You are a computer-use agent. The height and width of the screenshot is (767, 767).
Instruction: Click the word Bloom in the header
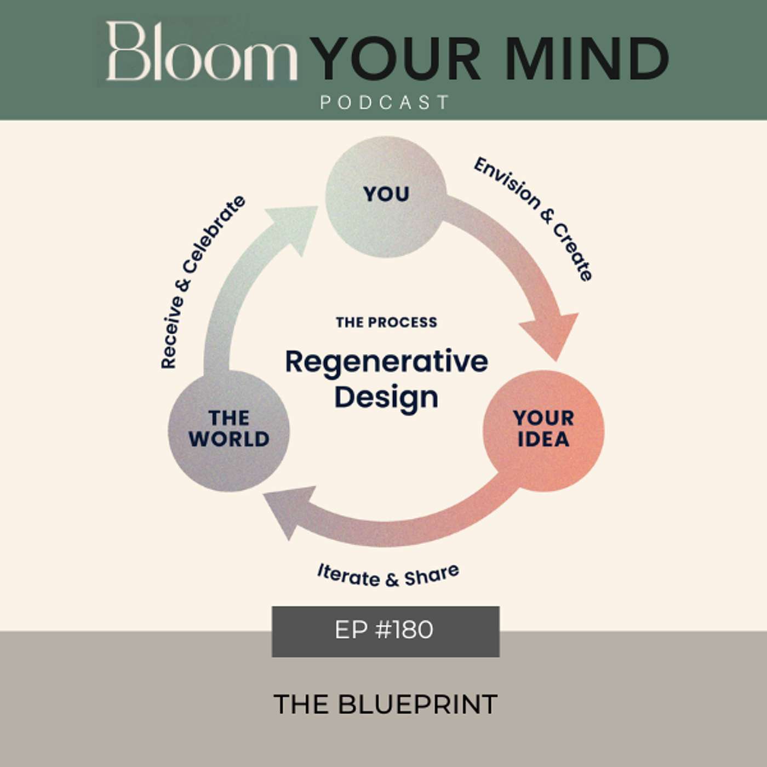point(201,51)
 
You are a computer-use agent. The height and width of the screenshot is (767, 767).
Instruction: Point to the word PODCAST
point(385,102)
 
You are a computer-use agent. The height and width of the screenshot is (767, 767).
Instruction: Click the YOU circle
point(385,197)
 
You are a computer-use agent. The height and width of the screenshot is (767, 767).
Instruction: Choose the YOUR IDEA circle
point(543,431)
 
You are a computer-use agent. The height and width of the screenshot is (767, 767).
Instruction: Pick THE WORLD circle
point(229,431)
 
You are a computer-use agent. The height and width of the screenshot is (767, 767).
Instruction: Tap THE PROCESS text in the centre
point(386,322)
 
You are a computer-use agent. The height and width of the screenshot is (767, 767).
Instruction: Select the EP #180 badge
point(385,632)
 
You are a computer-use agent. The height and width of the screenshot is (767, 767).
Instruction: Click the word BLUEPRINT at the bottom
point(418,705)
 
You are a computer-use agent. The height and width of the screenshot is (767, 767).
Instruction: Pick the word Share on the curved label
point(432,574)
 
